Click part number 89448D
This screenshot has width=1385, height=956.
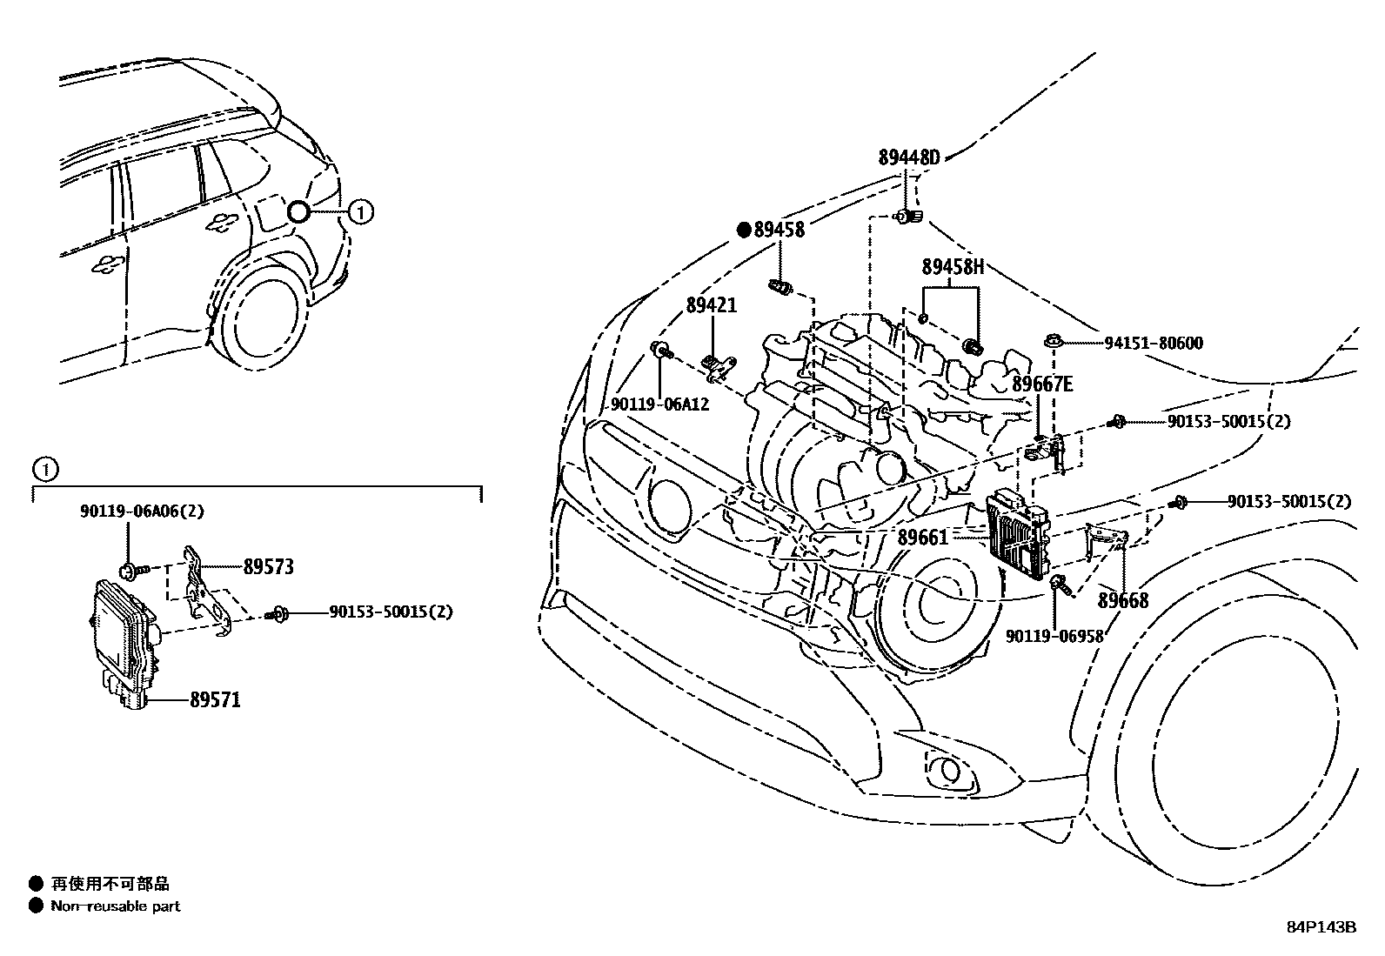coord(909,157)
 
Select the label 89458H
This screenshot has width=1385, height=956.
coord(953,267)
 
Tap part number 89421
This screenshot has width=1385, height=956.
coord(711,305)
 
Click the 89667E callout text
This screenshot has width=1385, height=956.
coord(1042,384)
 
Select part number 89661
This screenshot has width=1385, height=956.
coord(922,538)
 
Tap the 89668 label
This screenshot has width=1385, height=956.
coord(1122,600)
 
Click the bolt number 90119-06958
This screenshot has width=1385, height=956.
coord(1054,636)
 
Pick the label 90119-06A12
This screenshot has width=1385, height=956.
coord(659,404)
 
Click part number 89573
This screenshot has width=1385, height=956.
coord(268,567)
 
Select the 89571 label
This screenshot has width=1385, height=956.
coord(215,699)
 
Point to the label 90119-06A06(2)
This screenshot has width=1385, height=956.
coord(142,511)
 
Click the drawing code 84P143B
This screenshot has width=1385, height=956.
coord(1321,927)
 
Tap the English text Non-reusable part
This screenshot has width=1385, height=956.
coord(115,906)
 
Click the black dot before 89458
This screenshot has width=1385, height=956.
coord(744,230)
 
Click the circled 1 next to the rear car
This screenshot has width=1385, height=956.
coord(361,211)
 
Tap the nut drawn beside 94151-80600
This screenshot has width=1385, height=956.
coord(1052,342)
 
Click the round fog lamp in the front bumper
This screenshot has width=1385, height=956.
coord(941,768)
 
